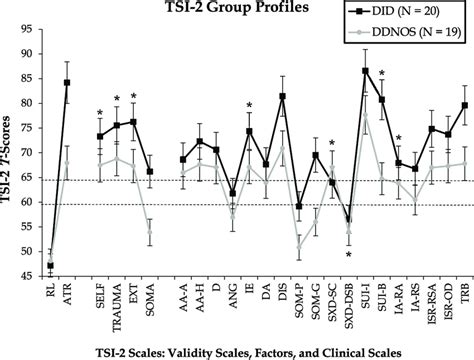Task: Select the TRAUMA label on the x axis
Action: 117,302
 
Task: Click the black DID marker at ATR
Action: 67,83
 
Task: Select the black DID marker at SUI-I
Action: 366,71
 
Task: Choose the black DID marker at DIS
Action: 282,97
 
